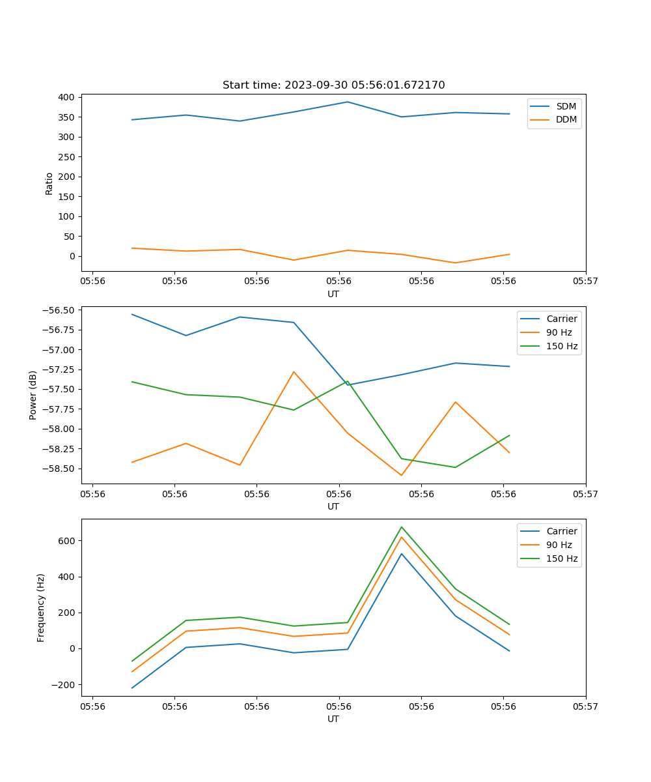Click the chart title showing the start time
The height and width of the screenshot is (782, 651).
point(333,85)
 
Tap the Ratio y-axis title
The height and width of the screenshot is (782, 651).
point(49,184)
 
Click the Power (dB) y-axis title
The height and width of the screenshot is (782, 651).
point(33,395)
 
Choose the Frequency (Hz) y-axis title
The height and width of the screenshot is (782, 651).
point(41,607)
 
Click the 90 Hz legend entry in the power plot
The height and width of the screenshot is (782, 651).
point(559,332)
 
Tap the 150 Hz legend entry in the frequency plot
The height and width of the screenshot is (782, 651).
point(562,558)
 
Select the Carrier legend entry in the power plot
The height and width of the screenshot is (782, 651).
point(561,319)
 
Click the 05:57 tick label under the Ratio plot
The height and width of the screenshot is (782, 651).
point(585,281)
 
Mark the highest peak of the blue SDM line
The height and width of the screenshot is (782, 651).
point(348,102)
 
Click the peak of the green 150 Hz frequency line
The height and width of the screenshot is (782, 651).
point(402,527)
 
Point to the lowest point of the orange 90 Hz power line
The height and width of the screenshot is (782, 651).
point(402,475)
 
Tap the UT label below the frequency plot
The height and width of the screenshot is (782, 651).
point(333,719)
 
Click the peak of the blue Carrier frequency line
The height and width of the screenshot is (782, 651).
point(402,554)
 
